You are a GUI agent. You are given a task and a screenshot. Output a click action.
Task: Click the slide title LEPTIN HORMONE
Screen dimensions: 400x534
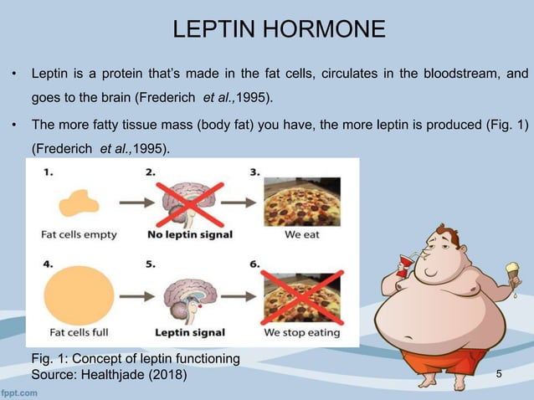pyautogui.click(x=279, y=31)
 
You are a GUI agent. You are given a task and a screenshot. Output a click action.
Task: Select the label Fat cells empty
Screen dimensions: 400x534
pyautogui.click(x=80, y=235)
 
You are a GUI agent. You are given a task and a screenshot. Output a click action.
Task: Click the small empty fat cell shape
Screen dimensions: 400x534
pyautogui.click(x=75, y=202)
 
